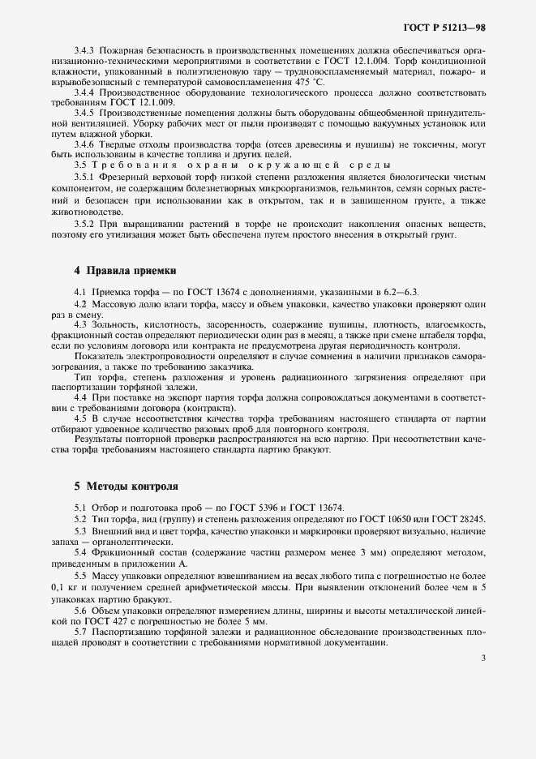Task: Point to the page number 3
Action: [x=482, y=658]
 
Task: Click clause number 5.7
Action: [x=81, y=631]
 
